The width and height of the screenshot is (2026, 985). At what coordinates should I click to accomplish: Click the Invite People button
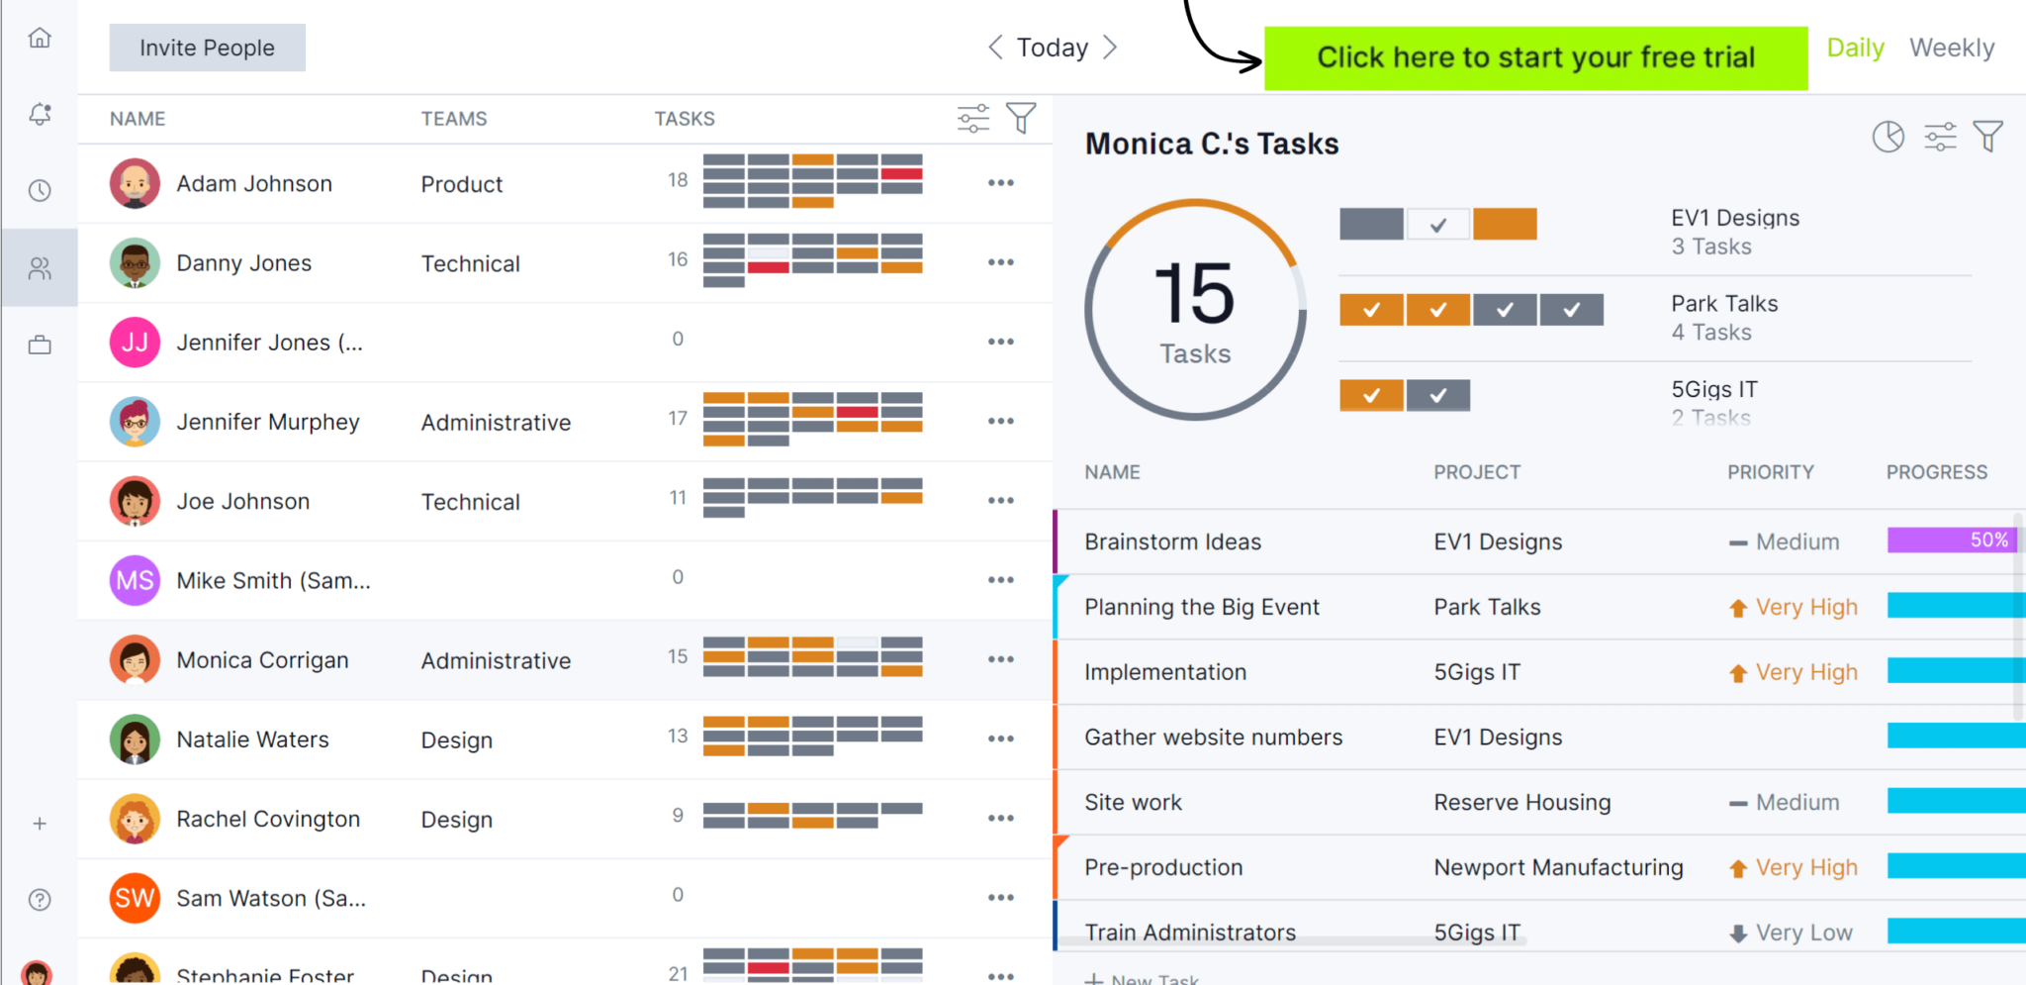(x=207, y=48)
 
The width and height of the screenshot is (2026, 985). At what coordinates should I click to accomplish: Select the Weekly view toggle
(x=1951, y=48)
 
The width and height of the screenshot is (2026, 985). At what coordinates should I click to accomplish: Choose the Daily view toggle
(x=1855, y=48)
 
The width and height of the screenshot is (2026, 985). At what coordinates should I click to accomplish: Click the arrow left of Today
(x=995, y=48)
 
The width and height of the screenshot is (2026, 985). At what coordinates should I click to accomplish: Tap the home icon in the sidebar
(x=40, y=38)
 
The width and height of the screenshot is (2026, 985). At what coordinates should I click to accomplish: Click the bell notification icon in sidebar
(x=40, y=114)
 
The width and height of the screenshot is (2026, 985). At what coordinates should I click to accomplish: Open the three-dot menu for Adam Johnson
(x=1000, y=183)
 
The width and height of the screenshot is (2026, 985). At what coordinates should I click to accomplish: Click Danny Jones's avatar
(x=135, y=263)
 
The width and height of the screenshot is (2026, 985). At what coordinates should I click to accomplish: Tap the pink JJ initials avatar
(x=135, y=343)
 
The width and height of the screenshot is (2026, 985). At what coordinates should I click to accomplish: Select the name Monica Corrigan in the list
(x=262, y=660)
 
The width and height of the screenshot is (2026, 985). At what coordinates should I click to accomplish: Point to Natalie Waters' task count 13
(x=678, y=737)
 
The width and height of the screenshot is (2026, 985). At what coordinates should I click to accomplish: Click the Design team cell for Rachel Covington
(x=456, y=820)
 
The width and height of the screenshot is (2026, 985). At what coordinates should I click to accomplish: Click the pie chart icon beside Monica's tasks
(x=1888, y=137)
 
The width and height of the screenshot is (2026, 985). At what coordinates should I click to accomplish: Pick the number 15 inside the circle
(x=1195, y=294)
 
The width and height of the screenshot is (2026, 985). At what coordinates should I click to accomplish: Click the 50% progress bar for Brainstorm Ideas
(x=1950, y=541)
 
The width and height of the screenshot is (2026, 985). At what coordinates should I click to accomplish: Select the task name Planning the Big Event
(x=1201, y=607)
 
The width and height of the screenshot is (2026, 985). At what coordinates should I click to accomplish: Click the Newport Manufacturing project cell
(x=1558, y=867)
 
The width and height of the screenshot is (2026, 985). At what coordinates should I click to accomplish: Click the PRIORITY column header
(x=1770, y=472)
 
